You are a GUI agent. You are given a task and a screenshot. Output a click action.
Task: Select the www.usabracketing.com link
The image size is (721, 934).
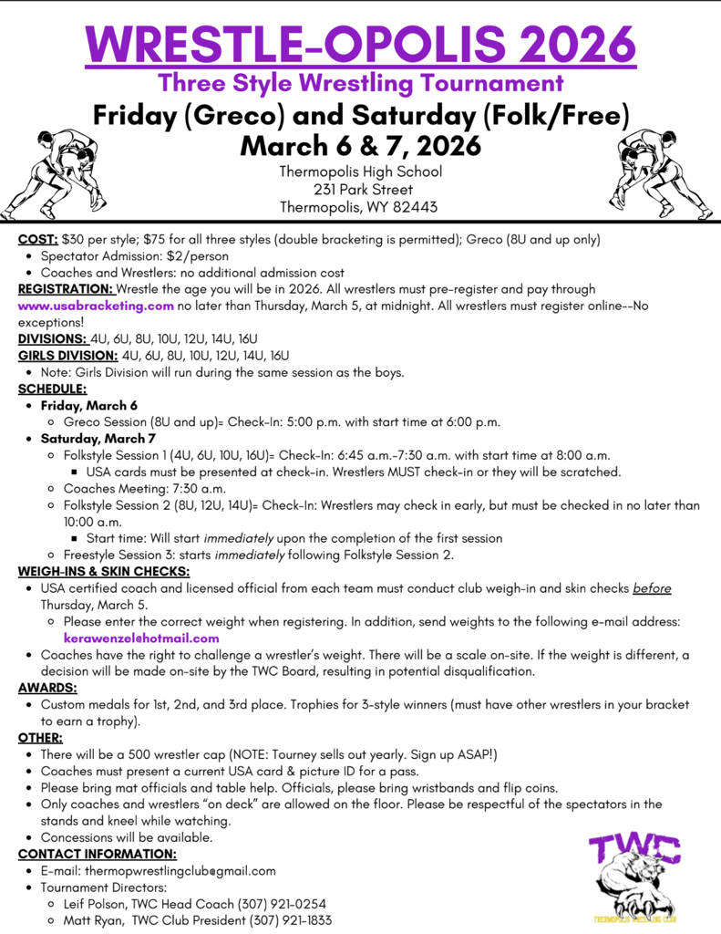96,306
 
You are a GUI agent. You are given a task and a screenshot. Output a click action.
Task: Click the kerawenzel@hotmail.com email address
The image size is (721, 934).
141,638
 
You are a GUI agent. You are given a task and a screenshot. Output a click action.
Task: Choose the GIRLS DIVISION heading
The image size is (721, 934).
67,356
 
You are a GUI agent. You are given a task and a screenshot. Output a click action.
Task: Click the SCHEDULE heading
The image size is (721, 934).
52,389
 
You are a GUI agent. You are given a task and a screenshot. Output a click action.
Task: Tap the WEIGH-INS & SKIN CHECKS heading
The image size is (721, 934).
103,571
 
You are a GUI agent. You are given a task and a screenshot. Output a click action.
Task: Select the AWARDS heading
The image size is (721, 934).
47,688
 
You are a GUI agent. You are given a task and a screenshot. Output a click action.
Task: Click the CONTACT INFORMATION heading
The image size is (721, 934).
98,854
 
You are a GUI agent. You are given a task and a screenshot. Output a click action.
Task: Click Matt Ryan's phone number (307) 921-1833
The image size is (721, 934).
294,920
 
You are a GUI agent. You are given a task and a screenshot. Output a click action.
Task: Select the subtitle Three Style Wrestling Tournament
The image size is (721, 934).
360,83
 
